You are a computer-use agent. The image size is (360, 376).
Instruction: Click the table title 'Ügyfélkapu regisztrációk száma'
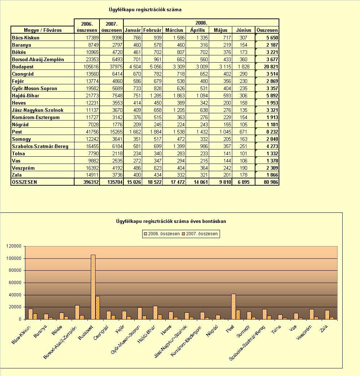(x=145, y=10)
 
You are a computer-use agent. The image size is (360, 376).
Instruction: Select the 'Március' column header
(x=174, y=30)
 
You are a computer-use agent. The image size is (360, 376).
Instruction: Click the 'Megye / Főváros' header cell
(x=43, y=30)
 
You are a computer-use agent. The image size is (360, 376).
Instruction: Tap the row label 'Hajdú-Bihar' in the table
(x=25, y=96)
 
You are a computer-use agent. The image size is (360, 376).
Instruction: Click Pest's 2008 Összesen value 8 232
(x=272, y=132)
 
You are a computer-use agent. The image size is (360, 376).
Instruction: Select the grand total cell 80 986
(x=271, y=182)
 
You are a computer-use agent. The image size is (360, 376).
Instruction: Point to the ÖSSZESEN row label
(x=25, y=182)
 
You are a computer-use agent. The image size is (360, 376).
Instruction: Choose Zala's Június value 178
(x=243, y=175)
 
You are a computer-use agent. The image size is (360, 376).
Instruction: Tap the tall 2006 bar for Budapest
(x=93, y=287)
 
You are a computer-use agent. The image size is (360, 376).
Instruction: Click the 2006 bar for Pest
(x=233, y=307)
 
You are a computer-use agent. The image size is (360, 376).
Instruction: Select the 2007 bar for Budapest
(x=98, y=308)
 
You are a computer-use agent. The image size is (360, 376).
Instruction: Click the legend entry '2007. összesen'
(x=200, y=234)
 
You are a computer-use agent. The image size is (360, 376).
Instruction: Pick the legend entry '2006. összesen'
(x=162, y=234)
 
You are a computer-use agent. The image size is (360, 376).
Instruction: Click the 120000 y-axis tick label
(x=14, y=246)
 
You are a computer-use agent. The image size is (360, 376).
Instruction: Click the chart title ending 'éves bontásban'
(x=171, y=221)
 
